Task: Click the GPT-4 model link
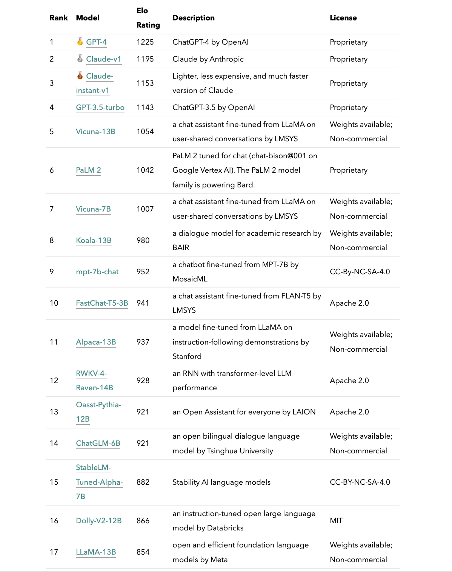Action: point(96,42)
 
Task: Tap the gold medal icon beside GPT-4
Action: point(80,42)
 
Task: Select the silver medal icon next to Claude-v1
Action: point(80,59)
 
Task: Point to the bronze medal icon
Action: point(80,76)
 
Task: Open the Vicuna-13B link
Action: point(95,131)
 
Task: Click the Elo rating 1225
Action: point(145,42)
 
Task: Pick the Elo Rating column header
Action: point(148,18)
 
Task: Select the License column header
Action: point(343,18)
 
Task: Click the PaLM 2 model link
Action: point(88,170)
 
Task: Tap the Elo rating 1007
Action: point(145,209)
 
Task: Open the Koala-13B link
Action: point(94,240)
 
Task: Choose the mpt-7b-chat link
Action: point(97,272)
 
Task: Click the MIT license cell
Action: point(336,521)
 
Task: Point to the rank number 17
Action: point(54,552)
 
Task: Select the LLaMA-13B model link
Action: point(96,552)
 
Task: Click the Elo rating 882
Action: point(143,482)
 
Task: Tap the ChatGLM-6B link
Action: point(98,443)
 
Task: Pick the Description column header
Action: point(193,18)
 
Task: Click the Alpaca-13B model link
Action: point(96,342)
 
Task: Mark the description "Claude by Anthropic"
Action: point(208,59)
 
